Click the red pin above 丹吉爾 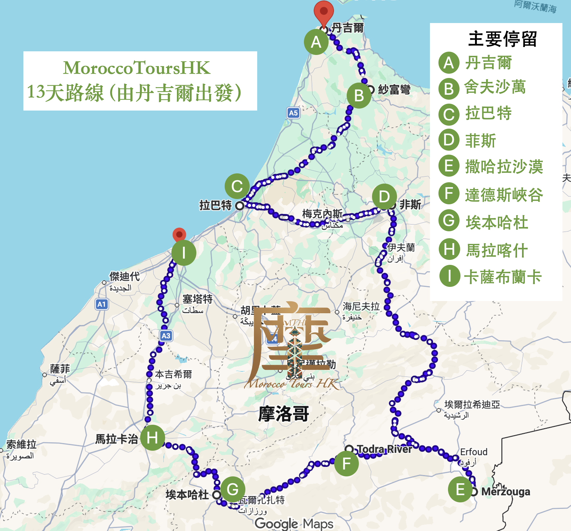(324, 13)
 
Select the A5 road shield (293, 113)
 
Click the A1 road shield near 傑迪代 (102, 304)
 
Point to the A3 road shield (166, 336)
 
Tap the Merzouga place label (506, 492)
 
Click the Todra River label (384, 449)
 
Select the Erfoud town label (474, 452)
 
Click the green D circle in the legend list (449, 140)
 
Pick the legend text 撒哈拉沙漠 (504, 166)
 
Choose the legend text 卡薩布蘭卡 (503, 277)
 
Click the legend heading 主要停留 (502, 39)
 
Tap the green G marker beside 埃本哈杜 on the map (233, 489)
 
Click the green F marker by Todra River (346, 464)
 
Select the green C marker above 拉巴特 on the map (237, 186)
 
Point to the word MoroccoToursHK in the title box (137, 68)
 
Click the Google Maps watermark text (294, 523)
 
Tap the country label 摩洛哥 (284, 414)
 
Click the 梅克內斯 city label (322, 214)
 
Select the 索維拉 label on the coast (21, 444)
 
